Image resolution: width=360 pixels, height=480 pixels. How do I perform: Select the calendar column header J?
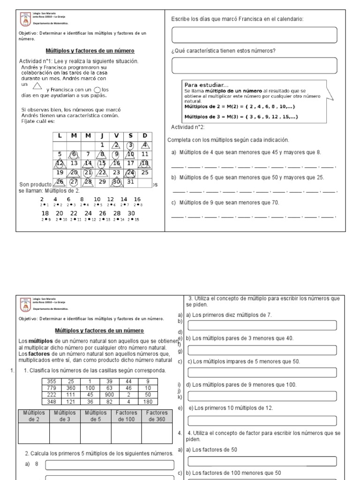(x=101, y=136)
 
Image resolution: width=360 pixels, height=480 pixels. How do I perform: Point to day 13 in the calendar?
(x=74, y=163)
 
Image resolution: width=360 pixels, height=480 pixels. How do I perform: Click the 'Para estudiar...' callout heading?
(x=206, y=85)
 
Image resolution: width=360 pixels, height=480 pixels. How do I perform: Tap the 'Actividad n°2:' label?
(x=188, y=127)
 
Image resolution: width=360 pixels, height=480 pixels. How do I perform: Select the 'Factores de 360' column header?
(x=157, y=416)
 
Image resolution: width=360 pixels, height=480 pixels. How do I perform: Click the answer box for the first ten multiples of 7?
(x=262, y=325)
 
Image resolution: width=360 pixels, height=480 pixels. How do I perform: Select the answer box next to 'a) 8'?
(x=109, y=465)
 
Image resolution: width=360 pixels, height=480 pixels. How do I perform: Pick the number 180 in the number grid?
(x=148, y=402)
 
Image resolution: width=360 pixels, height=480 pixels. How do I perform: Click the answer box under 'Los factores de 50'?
(x=262, y=461)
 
